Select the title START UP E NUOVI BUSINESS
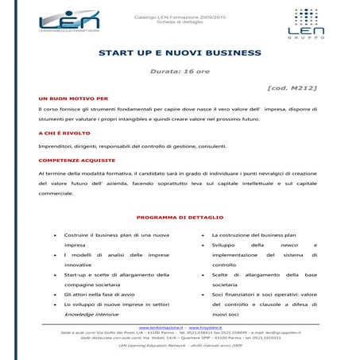click(180, 53)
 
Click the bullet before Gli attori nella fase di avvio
click(54, 295)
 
